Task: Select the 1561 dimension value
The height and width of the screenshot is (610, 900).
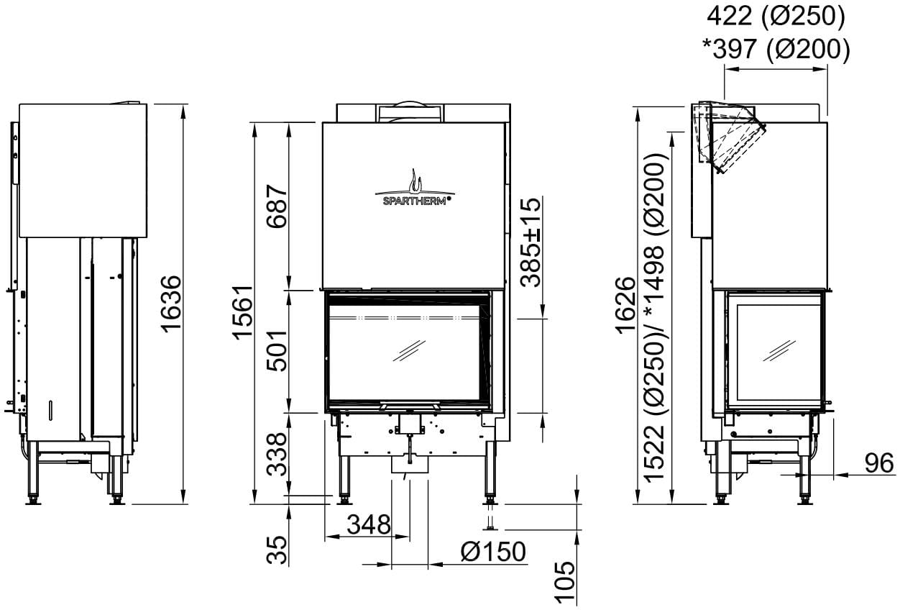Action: coord(243,312)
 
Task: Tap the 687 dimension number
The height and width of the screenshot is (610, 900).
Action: coord(277,206)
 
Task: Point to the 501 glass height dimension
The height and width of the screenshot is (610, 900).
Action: coord(277,350)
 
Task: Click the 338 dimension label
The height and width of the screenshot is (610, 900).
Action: coord(277,455)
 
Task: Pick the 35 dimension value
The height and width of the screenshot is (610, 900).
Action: coord(277,550)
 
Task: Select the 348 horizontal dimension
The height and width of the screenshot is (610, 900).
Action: coord(369,524)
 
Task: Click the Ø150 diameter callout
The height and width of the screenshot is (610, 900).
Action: coord(493,552)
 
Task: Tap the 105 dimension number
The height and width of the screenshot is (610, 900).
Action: coord(564,581)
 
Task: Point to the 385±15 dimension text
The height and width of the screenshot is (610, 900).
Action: coord(531,242)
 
